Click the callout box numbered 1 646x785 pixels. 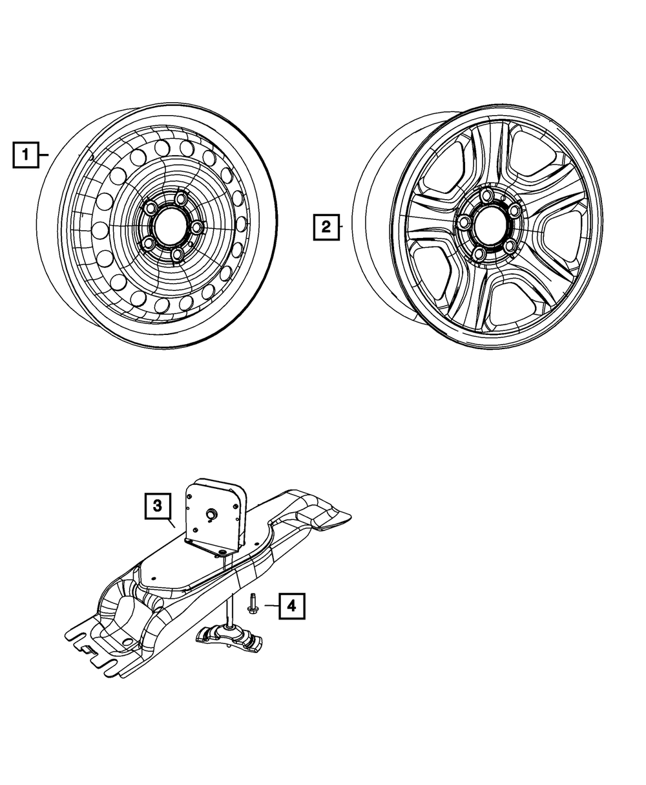25,155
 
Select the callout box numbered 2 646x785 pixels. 326,227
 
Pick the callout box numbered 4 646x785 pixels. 291,606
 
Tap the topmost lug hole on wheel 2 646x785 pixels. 488,195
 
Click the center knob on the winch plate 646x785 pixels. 211,513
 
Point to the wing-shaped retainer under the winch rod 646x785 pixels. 229,637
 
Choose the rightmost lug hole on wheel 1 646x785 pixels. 196,228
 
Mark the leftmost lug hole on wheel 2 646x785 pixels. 463,222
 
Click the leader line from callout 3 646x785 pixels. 171,524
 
